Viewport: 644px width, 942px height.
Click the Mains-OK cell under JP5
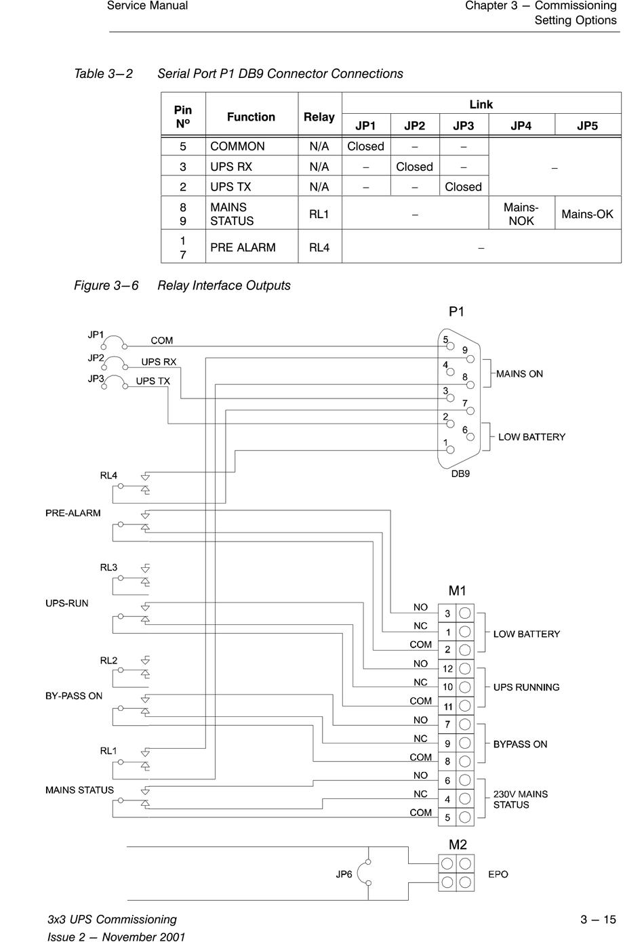point(587,213)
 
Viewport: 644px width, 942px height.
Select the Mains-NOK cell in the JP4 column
point(521,213)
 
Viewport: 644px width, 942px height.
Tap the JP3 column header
point(464,125)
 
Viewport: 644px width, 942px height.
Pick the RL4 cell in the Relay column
point(319,247)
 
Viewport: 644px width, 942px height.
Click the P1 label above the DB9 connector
point(456,312)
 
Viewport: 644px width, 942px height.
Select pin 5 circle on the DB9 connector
point(451,346)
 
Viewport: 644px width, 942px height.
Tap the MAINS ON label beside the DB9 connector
point(519,374)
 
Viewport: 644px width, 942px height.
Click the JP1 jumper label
point(96,335)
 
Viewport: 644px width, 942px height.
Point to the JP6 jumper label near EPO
point(344,874)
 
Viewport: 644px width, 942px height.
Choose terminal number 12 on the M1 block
point(447,669)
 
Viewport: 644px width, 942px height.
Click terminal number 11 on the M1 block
point(447,707)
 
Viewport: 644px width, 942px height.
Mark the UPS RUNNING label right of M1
point(526,687)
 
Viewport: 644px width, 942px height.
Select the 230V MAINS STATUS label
point(521,800)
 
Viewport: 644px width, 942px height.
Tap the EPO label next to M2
point(498,874)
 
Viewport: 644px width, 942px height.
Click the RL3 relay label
point(108,567)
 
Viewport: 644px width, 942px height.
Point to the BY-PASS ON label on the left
point(74,696)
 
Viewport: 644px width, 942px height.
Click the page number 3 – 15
point(598,920)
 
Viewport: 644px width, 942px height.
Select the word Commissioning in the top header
point(576,6)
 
